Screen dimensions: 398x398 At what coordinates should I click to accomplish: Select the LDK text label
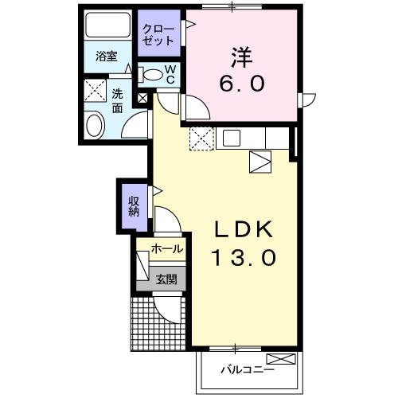click(245, 229)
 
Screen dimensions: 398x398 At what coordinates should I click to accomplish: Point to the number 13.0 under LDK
click(245, 257)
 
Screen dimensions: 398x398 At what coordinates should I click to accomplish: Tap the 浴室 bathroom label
click(107, 57)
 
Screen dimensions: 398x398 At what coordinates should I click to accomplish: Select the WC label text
click(170, 75)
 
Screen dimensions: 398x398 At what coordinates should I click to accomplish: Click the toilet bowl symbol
click(150, 75)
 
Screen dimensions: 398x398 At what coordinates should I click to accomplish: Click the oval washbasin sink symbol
click(95, 126)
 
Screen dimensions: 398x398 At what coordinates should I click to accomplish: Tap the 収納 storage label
click(133, 205)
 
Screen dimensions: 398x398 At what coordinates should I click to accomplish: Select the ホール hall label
click(166, 249)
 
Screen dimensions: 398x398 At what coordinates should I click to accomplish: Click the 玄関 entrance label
click(166, 278)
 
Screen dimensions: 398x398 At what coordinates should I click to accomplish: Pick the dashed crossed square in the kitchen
click(201, 139)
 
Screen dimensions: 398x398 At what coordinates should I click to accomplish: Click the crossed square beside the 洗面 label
click(95, 89)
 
